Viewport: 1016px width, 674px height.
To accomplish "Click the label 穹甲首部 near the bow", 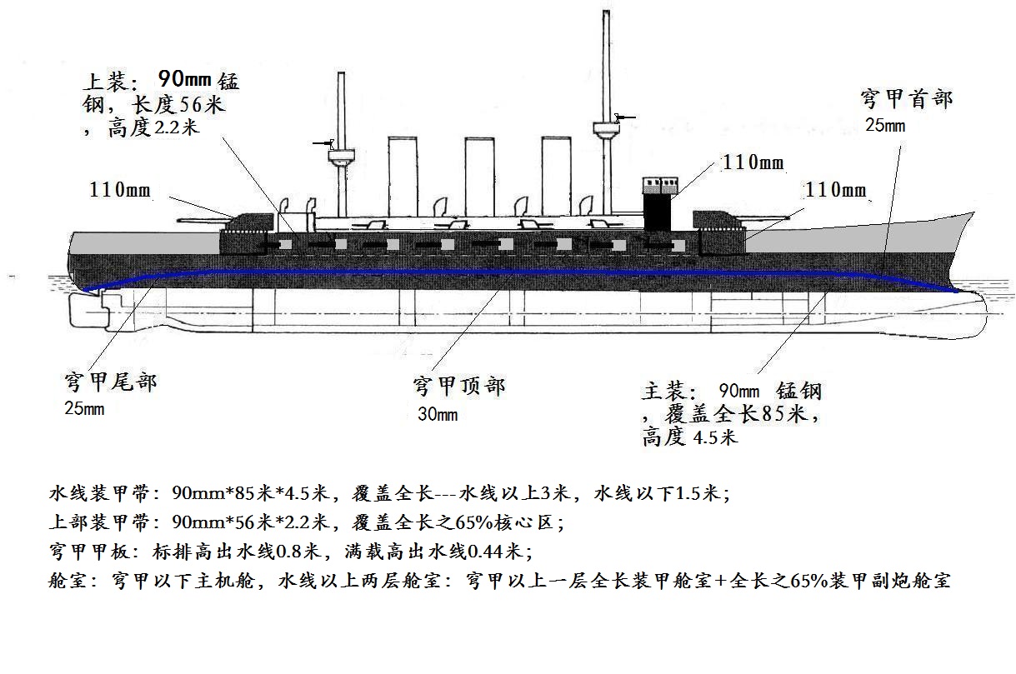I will pyautogui.click(x=906, y=100).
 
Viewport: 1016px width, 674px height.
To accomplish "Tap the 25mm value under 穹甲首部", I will pyautogui.click(x=884, y=126).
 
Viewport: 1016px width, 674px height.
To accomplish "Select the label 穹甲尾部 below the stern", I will pyautogui.click(x=110, y=383).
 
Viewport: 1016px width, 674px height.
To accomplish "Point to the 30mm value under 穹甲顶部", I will pyautogui.click(x=437, y=414).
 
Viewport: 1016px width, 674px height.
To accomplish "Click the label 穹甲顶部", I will pyautogui.click(x=458, y=386).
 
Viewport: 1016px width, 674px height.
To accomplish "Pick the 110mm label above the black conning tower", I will pyautogui.click(x=753, y=162).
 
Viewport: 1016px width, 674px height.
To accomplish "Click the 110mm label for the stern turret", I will pyautogui.click(x=120, y=189).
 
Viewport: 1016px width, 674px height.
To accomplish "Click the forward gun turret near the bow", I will pyautogui.click(x=717, y=221).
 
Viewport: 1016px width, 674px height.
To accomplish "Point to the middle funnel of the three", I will pyautogui.click(x=481, y=175).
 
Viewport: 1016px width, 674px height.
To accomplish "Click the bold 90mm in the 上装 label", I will pyautogui.click(x=184, y=81).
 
